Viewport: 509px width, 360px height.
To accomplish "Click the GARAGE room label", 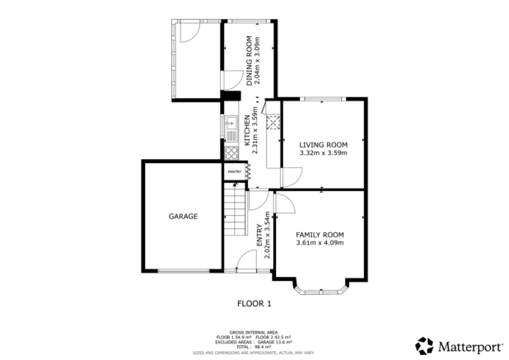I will pyautogui.click(x=183, y=217).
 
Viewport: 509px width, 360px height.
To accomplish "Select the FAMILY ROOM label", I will pyautogui.click(x=319, y=234).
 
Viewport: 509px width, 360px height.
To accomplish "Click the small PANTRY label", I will pyautogui.click(x=233, y=171).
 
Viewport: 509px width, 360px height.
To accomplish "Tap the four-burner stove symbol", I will pyautogui.click(x=231, y=151).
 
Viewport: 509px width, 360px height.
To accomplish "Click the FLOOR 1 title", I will pyautogui.click(x=254, y=303).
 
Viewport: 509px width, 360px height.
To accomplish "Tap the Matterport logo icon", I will pyautogui.click(x=424, y=345).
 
